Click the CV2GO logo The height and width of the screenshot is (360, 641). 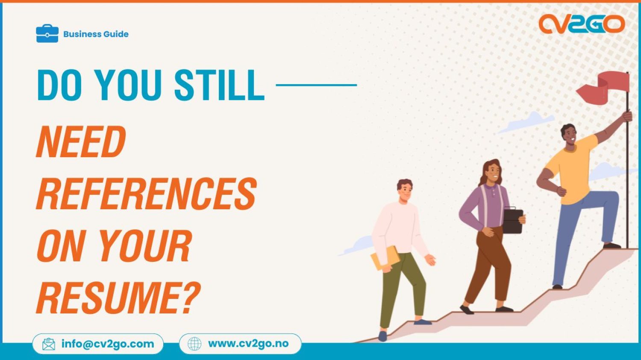(x=582, y=24)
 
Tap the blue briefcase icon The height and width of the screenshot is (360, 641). (x=47, y=34)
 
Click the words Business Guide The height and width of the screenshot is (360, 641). (x=96, y=34)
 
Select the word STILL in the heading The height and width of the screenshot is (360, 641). (x=219, y=85)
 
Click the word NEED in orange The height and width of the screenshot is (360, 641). (x=81, y=142)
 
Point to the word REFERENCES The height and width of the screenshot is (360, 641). (x=146, y=194)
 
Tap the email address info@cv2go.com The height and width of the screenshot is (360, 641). (x=108, y=344)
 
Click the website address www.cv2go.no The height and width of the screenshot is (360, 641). (x=248, y=344)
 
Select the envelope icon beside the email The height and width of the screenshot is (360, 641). (x=49, y=344)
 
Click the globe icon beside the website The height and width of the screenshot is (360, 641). (x=194, y=344)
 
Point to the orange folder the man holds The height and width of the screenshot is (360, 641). (x=385, y=258)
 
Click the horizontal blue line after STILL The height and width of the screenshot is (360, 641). (x=316, y=85)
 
